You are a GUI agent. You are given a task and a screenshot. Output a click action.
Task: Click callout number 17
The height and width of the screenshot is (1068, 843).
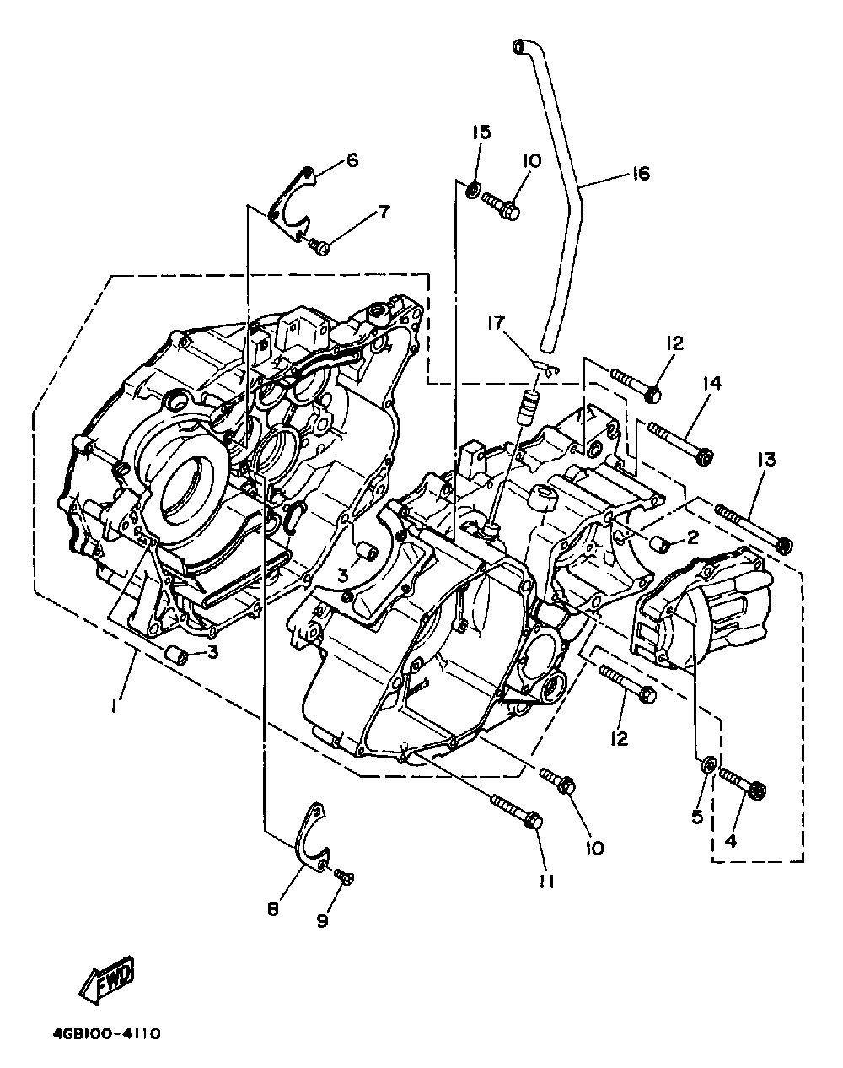tap(496, 323)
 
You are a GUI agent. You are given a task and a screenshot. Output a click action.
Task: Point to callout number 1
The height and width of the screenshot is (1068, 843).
tap(115, 705)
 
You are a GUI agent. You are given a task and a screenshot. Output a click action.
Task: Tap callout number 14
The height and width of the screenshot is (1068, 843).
tap(711, 383)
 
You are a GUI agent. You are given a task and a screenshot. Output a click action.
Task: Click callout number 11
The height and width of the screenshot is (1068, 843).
tap(547, 881)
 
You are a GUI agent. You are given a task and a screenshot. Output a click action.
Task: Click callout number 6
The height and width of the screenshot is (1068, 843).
tap(352, 160)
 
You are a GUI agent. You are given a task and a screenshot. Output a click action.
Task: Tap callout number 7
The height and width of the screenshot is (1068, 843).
tap(384, 212)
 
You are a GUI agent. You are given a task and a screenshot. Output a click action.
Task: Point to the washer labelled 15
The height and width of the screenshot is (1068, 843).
tap(473, 190)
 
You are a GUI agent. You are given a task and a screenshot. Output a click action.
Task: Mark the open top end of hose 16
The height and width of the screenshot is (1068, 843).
tap(518, 46)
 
